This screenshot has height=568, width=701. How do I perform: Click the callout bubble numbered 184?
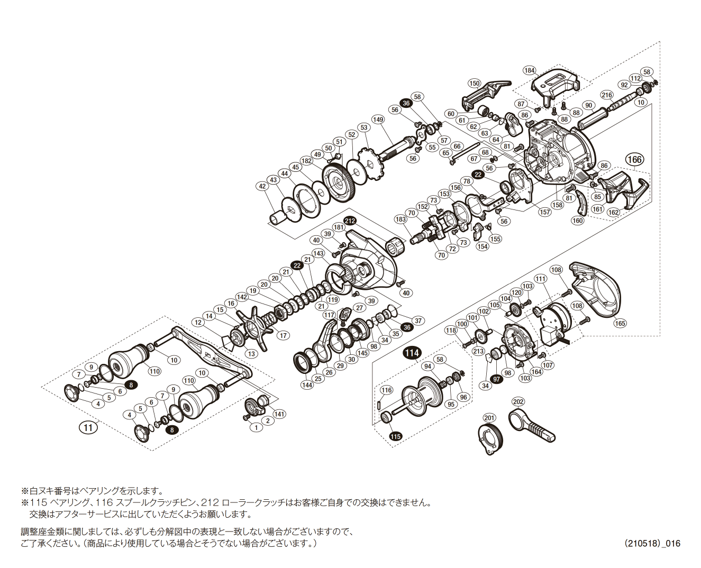point(529,70)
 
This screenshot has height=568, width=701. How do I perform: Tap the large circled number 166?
point(634,159)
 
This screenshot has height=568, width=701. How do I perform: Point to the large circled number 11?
point(88,427)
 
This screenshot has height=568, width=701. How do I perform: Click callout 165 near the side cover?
point(620,323)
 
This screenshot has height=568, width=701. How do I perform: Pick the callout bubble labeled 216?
point(607,95)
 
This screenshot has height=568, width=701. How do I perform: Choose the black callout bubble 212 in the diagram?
point(350,221)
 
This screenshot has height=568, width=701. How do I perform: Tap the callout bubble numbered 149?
point(378,120)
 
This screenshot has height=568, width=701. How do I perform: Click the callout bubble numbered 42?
point(262,186)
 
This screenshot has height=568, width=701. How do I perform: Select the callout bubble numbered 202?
point(518,401)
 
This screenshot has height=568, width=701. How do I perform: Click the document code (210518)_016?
point(651,543)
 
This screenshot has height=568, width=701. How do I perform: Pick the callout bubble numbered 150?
point(474,83)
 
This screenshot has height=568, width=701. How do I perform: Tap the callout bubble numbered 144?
point(307,385)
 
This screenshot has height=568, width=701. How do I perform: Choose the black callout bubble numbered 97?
point(496,379)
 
